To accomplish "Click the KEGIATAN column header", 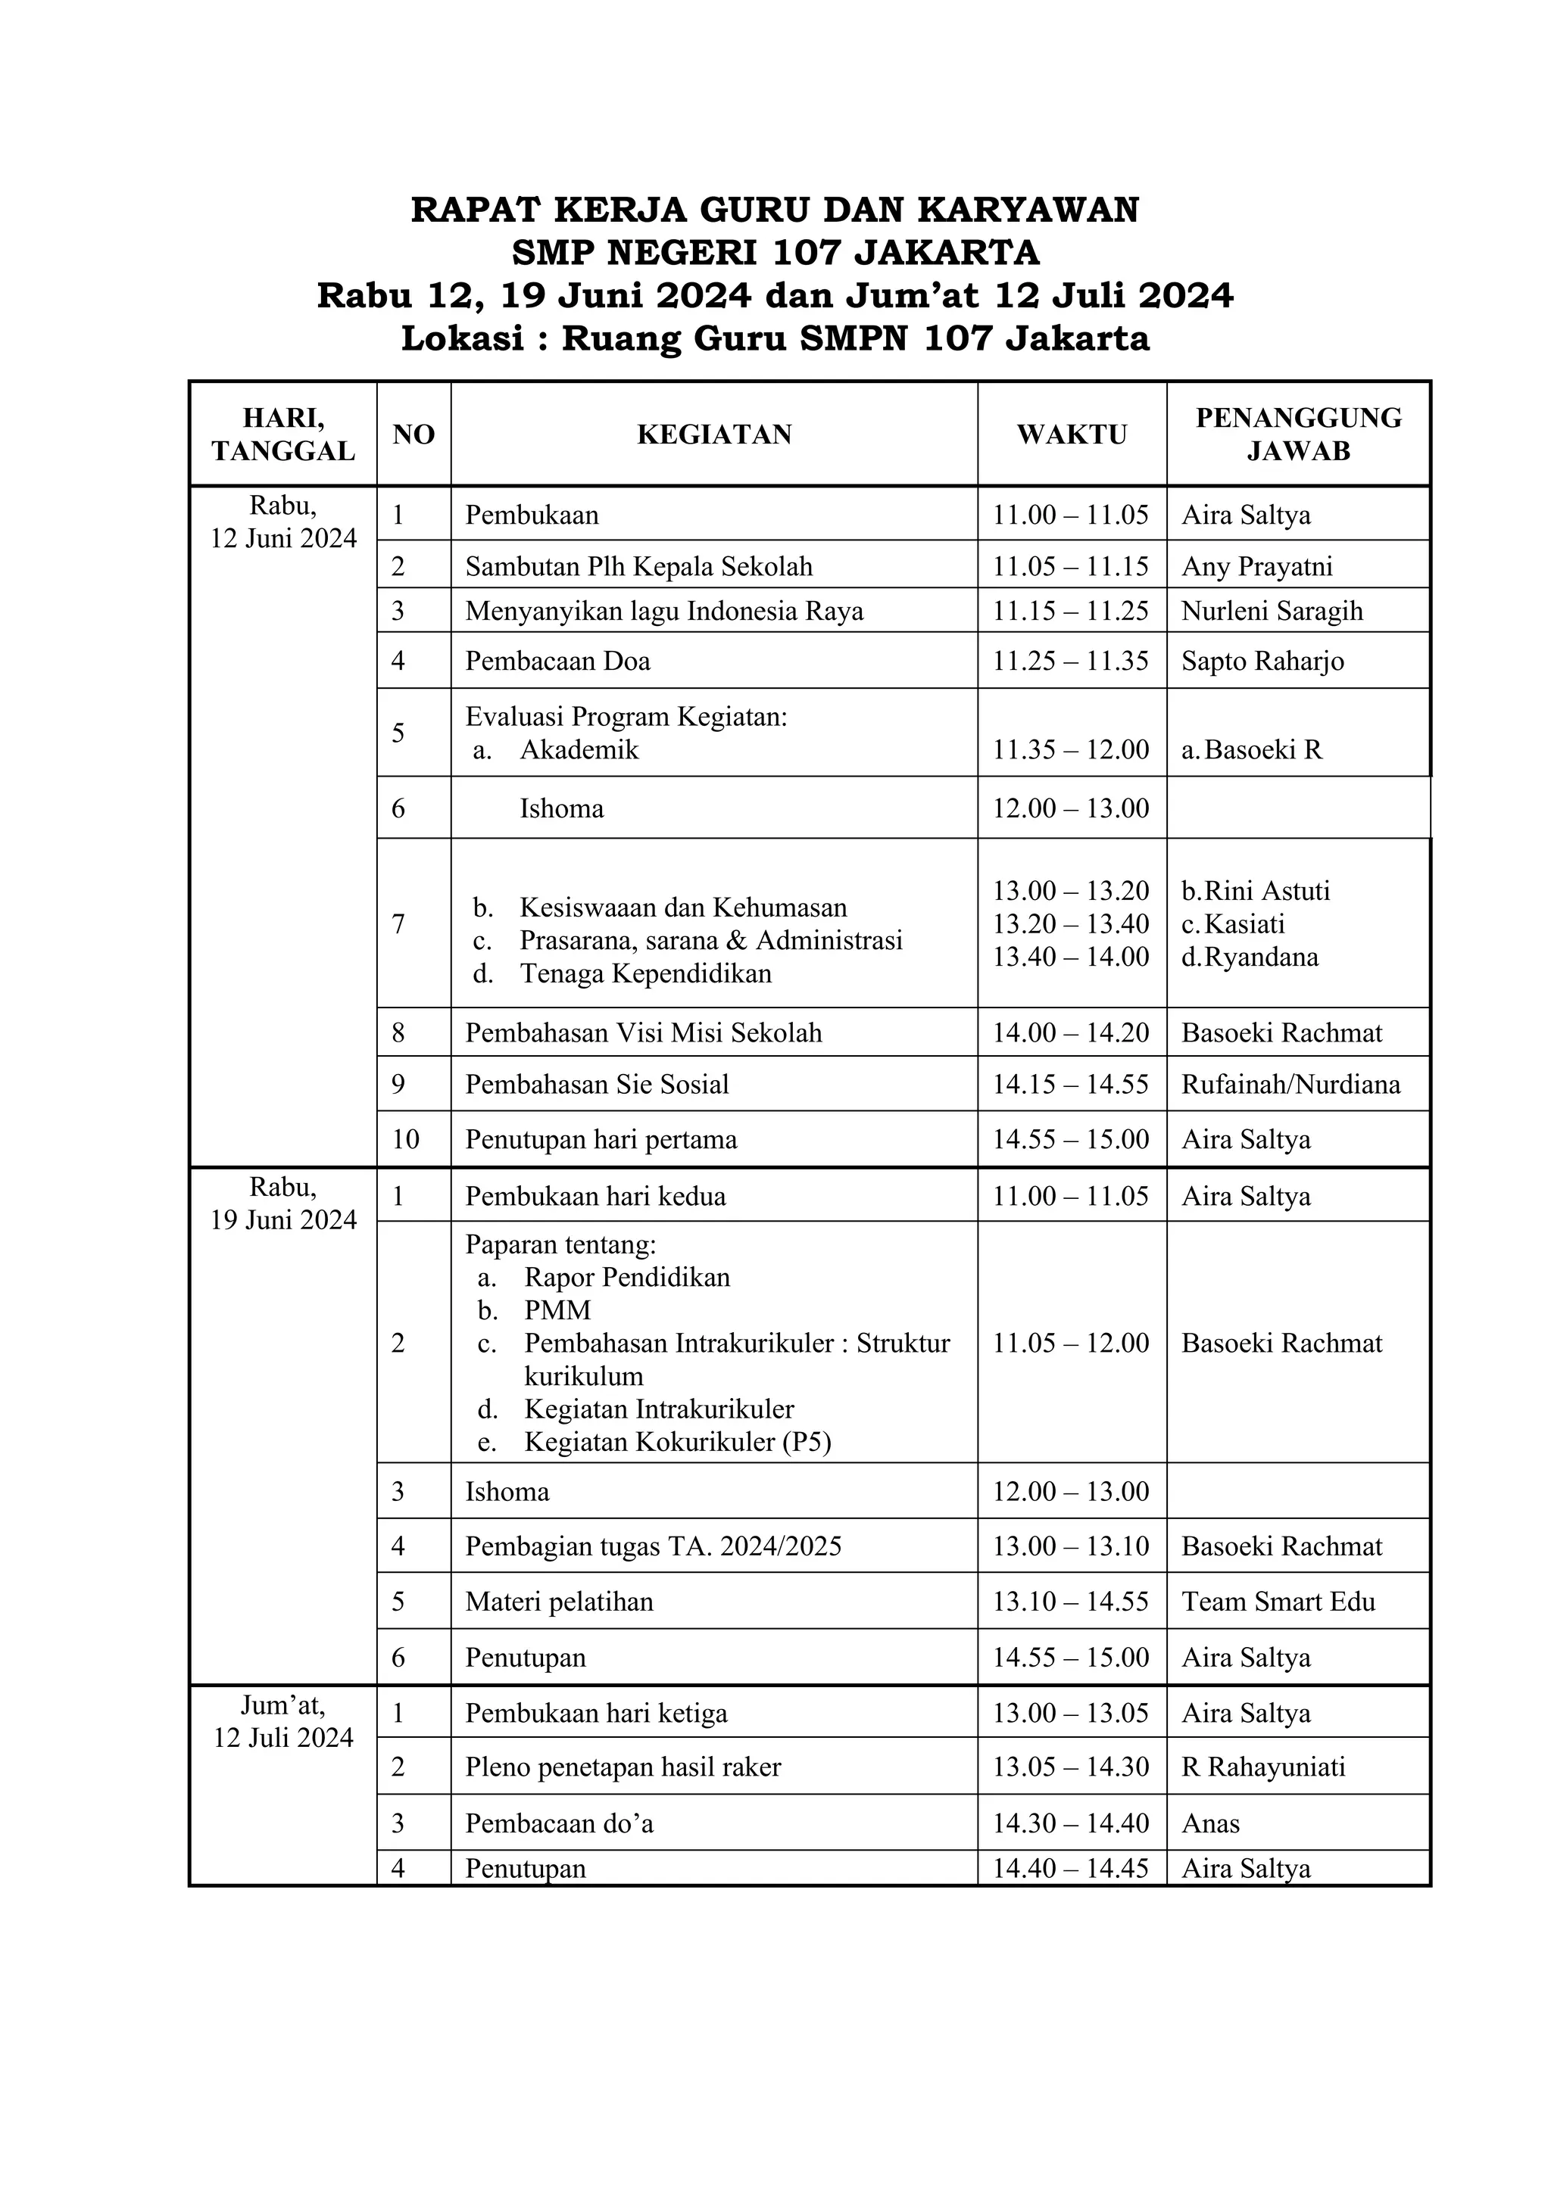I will coord(714,434).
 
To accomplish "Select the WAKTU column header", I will coord(1072,434).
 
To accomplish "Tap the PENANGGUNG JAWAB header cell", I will coord(1298,434).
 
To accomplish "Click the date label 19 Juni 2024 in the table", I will coord(284,1220).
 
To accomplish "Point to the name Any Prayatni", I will coord(1257,566).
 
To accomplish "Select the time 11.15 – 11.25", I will coord(1071,611).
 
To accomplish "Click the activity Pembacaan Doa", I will coord(557,661).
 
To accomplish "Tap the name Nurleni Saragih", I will coord(1272,611).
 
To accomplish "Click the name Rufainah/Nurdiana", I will coord(1290,1085).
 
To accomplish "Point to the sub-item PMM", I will coord(557,1310).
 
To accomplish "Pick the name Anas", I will coord(1210,1823).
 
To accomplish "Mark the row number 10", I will coord(406,1139).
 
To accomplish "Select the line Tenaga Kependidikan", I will coord(645,974).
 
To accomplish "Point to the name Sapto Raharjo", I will coord(1262,661).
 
